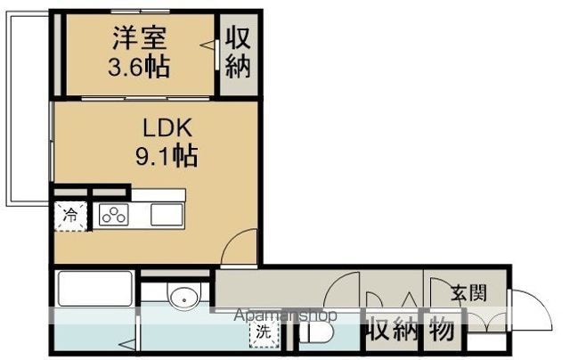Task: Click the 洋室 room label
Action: click(x=140, y=37)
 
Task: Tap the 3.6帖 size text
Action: click(x=139, y=66)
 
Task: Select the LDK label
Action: click(x=167, y=128)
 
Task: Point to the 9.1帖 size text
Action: click(x=167, y=156)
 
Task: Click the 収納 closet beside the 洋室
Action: click(x=238, y=53)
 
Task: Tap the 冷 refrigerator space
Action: click(x=71, y=217)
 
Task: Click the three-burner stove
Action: click(x=114, y=216)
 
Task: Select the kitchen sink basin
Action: click(x=167, y=215)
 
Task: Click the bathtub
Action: click(x=94, y=289)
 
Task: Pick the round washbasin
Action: click(x=184, y=297)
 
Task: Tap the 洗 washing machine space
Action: click(x=264, y=331)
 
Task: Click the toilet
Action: click(x=315, y=331)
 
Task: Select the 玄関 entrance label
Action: click(x=469, y=293)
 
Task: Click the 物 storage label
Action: click(x=442, y=331)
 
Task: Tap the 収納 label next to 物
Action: click(x=392, y=331)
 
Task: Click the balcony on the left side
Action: click(x=28, y=109)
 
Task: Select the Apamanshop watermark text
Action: click(x=285, y=315)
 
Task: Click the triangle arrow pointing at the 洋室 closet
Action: click(x=207, y=45)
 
